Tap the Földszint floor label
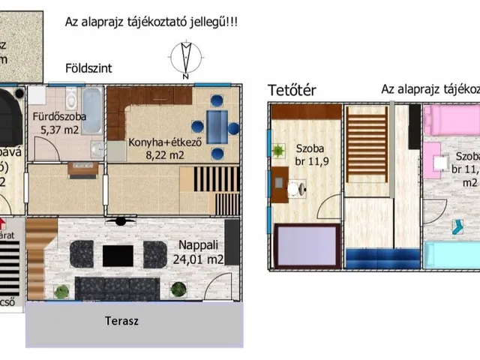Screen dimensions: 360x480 point(88,67)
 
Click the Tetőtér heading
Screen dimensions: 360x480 point(292,91)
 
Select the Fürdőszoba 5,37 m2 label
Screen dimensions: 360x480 point(59,124)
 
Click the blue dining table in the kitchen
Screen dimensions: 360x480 point(217,125)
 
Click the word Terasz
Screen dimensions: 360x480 point(122,321)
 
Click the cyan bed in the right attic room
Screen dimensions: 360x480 point(451,255)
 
